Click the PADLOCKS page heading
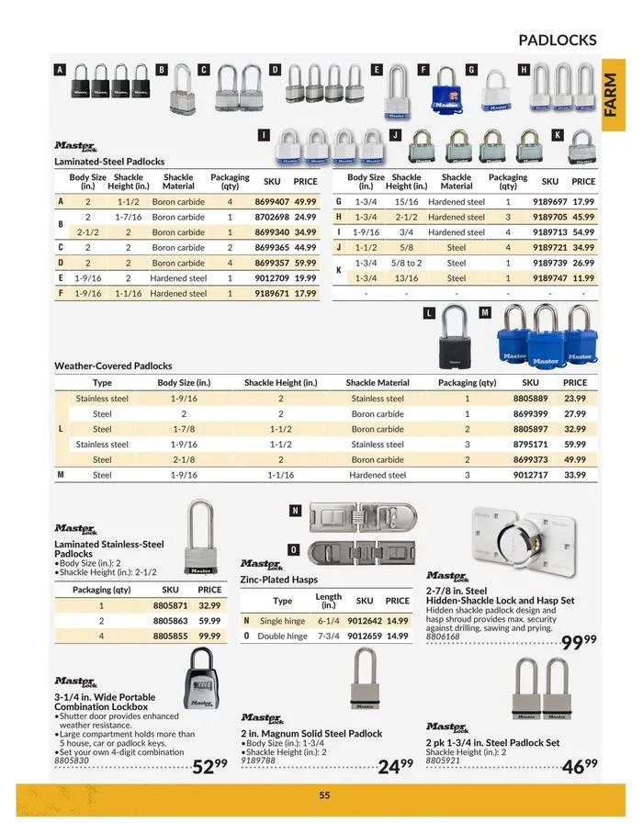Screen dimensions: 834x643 557,39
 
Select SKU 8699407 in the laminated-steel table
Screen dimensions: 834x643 272,201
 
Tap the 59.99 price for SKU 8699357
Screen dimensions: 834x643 305,263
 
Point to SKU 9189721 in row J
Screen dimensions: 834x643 550,247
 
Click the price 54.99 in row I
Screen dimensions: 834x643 583,232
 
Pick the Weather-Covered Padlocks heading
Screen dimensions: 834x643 113,366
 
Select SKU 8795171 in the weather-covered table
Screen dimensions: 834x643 530,445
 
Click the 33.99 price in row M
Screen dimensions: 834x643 575,475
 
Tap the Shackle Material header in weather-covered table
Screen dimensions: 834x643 378,382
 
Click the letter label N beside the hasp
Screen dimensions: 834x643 295,511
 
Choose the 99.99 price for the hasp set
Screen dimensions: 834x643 579,642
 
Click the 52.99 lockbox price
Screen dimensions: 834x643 209,766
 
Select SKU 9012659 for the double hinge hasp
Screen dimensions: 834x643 365,636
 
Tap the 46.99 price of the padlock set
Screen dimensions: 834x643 579,765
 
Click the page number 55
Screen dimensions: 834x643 324,795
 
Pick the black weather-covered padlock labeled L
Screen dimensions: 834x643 455,341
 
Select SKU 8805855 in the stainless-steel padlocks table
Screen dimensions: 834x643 170,636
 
